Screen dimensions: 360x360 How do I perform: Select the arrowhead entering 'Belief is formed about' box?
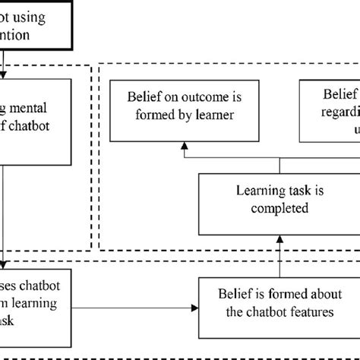coord(193,308)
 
